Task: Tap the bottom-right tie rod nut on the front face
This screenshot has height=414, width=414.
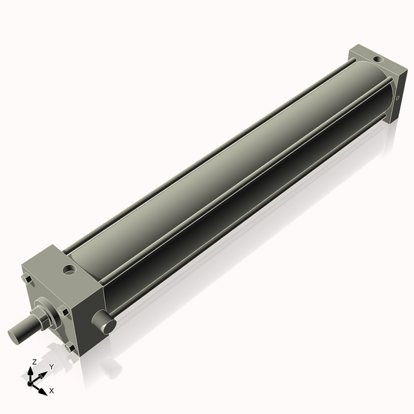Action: pos(71,347)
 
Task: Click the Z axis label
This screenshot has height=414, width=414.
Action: pos(34,362)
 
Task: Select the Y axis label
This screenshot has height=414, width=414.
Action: pos(51,367)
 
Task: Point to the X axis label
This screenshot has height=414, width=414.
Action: pos(52,391)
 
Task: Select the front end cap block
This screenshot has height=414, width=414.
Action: pos(76,297)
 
